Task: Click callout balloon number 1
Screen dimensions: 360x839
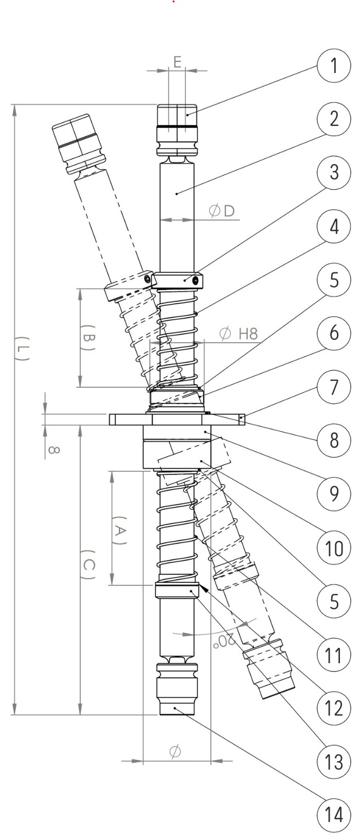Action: coord(334,66)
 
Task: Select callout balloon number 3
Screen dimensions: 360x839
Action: coord(334,173)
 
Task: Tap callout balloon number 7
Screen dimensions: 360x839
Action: coord(334,387)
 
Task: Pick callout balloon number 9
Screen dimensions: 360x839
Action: coord(334,494)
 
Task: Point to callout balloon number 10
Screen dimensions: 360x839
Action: coord(334,548)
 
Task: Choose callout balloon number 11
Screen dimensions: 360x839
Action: coord(334,655)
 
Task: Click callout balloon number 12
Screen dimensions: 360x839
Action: coord(334,709)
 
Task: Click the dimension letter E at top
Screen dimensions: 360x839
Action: coord(176,62)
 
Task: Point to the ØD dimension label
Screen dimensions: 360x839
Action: coord(222,210)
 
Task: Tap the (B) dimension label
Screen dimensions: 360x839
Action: coord(89,337)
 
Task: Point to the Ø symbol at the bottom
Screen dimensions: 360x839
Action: coord(175,752)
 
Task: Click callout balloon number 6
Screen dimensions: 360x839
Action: coord(334,333)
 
